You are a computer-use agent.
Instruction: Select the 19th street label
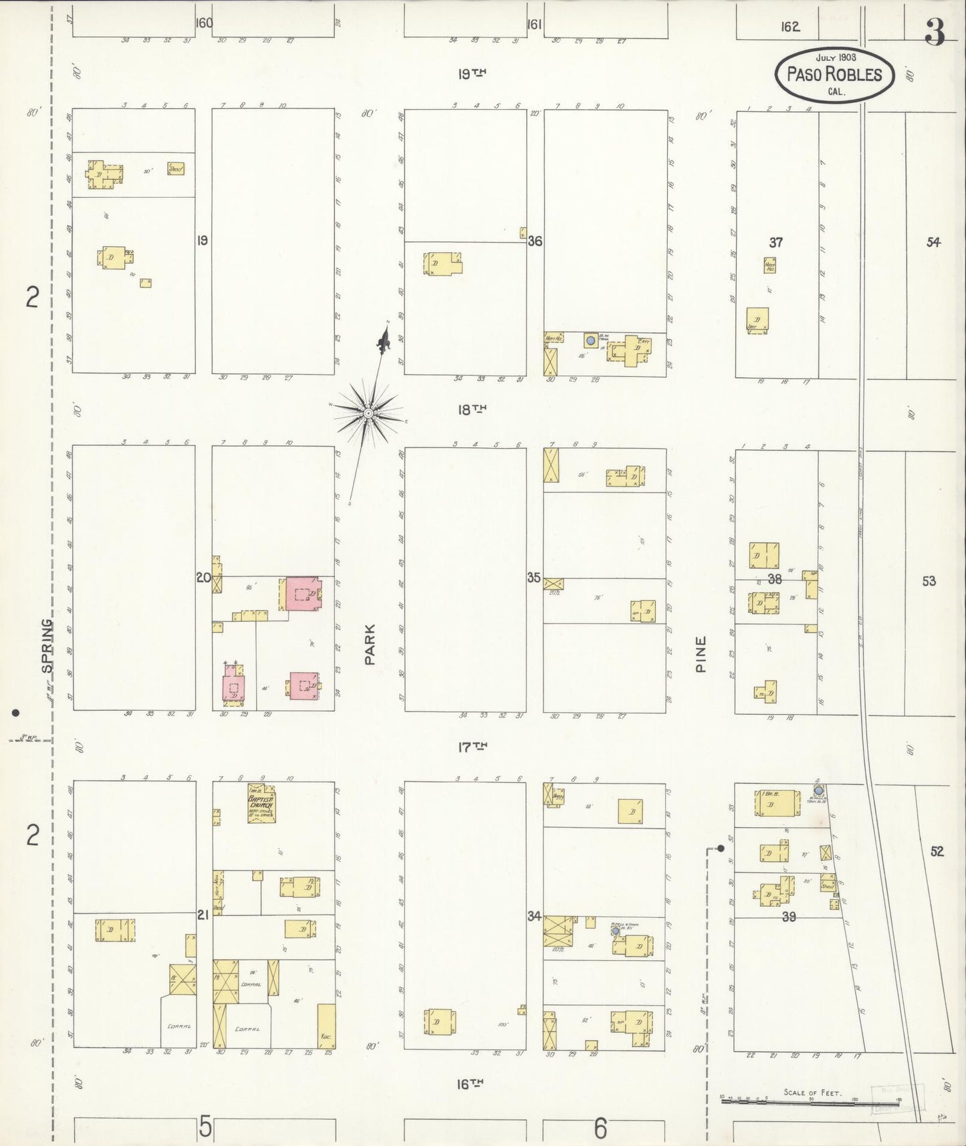point(471,74)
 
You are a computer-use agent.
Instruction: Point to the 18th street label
point(471,409)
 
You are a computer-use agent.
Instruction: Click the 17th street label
point(471,747)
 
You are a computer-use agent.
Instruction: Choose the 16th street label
point(471,1084)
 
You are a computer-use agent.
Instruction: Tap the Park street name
point(370,644)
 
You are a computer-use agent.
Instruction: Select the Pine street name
point(701,653)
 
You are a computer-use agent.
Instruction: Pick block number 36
point(535,241)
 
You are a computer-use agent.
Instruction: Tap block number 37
point(775,242)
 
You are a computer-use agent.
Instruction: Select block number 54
point(933,242)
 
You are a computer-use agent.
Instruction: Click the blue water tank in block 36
point(590,340)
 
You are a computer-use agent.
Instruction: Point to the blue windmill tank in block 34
point(615,931)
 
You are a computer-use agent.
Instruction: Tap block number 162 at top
point(790,27)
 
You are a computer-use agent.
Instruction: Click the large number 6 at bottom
point(600,1129)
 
